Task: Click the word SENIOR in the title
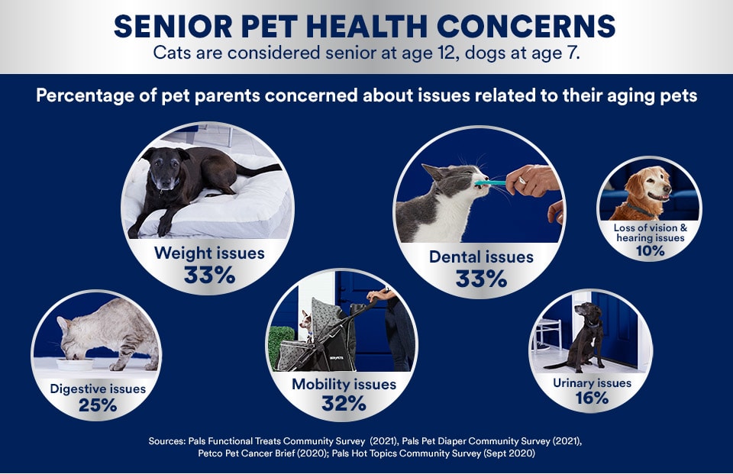click(173, 26)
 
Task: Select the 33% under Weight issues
click(209, 275)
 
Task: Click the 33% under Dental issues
click(482, 279)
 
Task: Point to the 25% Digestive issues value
click(98, 405)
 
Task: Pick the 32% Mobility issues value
click(344, 403)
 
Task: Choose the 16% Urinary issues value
click(592, 398)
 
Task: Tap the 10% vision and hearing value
click(651, 251)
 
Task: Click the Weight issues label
click(209, 253)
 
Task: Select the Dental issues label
click(481, 256)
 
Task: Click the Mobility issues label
click(344, 384)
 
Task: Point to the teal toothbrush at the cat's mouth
click(491, 183)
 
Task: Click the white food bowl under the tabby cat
click(75, 363)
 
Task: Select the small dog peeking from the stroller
click(305, 321)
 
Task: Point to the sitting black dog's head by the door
click(588, 311)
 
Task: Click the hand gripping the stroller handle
click(377, 295)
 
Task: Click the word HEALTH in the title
click(367, 26)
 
